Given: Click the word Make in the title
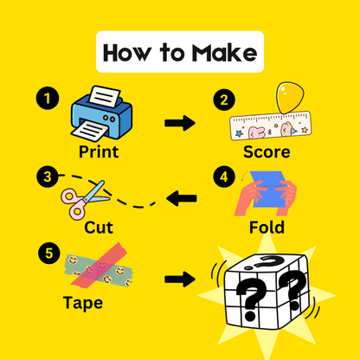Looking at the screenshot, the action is click(224, 53).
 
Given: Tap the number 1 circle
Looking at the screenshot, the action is click(48, 98).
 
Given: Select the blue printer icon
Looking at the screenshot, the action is click(101, 113).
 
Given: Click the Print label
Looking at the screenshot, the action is click(99, 151).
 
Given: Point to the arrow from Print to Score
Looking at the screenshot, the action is click(180, 123).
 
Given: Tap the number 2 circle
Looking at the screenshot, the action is click(224, 100).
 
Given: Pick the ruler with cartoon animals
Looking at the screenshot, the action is click(271, 125).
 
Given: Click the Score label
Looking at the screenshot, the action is click(267, 151).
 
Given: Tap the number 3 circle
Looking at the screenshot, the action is click(48, 177).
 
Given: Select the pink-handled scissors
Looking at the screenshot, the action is click(86, 200).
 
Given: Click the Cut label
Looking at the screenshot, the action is click(99, 228).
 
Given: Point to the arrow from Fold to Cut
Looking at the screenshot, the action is click(182, 198).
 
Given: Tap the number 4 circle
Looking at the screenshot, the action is click(224, 177).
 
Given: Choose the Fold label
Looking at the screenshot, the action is click(267, 228).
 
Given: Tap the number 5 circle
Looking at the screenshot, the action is click(49, 254).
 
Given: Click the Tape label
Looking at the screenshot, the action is click(83, 303).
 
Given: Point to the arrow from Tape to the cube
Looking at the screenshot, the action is click(180, 280).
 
